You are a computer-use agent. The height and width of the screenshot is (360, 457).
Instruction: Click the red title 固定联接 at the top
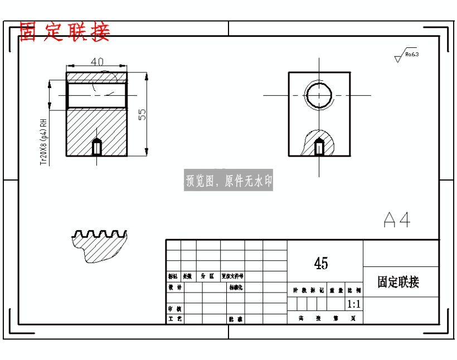[x=65, y=32]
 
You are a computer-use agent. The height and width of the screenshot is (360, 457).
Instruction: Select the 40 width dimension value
[x=96, y=62]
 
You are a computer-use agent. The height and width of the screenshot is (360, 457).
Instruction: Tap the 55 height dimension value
[x=142, y=114]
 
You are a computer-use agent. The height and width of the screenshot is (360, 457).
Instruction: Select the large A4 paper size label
[x=397, y=220]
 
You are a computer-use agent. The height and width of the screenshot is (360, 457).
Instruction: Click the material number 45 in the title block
[x=321, y=264]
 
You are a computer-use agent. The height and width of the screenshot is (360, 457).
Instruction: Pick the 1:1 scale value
[x=354, y=304]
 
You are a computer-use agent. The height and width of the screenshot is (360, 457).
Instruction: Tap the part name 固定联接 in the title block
[x=398, y=282]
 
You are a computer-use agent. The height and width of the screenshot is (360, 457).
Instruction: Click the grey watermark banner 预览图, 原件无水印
[x=229, y=181]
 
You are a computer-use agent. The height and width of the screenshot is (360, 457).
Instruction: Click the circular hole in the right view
[x=319, y=95]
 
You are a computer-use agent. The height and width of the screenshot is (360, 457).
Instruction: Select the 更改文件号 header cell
[x=232, y=276]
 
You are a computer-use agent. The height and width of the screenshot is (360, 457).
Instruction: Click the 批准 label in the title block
[x=236, y=319]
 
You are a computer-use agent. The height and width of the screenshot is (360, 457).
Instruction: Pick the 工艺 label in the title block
[x=175, y=319]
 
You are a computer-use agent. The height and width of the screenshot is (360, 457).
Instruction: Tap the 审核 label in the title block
[x=175, y=308]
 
